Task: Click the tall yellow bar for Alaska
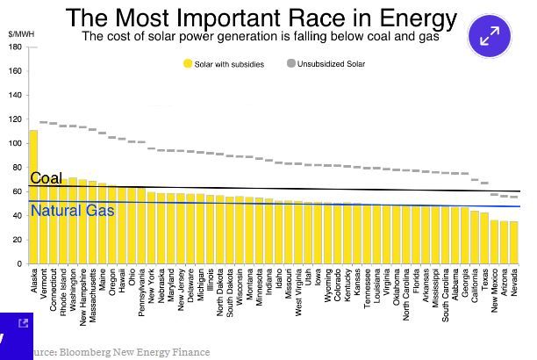pyautogui.click(x=33, y=197)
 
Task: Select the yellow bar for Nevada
pyautogui.click(x=513, y=242)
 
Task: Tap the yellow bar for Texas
pyautogui.click(x=484, y=238)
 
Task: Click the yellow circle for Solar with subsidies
pyautogui.click(x=187, y=64)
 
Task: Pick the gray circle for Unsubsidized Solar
pyautogui.click(x=290, y=63)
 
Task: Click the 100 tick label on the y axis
pyautogui.click(x=16, y=143)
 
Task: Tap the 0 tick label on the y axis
pyautogui.click(x=19, y=264)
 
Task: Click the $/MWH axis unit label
pyautogui.click(x=21, y=34)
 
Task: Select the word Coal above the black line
pyautogui.click(x=47, y=178)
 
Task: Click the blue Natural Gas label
pyautogui.click(x=72, y=211)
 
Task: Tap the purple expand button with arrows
pyautogui.click(x=490, y=36)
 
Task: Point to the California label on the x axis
pyautogui.click(x=475, y=285)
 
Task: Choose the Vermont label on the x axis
pyautogui.click(x=44, y=284)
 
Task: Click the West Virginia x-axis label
pyautogui.click(x=298, y=292)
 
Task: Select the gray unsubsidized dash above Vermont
pyautogui.click(x=44, y=122)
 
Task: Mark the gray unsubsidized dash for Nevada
pyautogui.click(x=513, y=197)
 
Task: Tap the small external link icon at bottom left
pyautogui.click(x=24, y=323)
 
